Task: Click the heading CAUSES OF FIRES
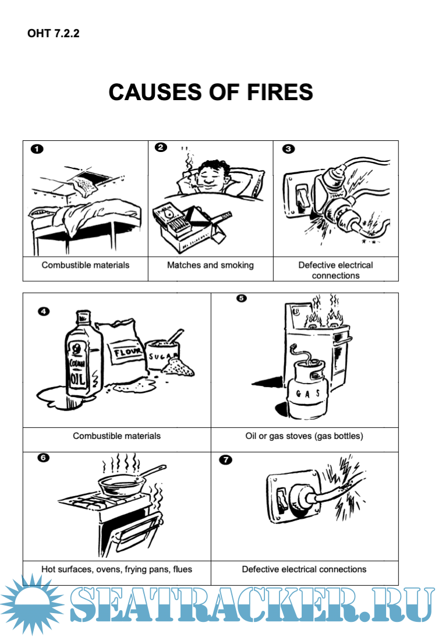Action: point(211,92)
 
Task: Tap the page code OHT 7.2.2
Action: point(53,33)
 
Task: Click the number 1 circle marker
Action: point(37,149)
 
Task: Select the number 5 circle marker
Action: point(241,298)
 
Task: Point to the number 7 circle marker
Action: point(225,459)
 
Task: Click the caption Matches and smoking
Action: point(210,266)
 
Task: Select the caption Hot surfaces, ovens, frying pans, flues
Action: point(116,569)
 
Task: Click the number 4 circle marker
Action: point(44,312)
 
